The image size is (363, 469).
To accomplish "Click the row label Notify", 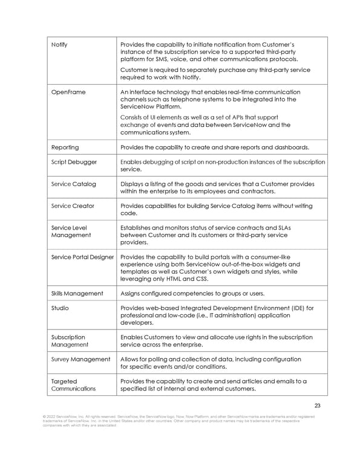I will point(59,44).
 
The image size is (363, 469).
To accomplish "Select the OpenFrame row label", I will point(68,92).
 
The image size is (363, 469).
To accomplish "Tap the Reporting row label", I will point(65,147).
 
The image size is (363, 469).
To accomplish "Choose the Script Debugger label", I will point(74,162).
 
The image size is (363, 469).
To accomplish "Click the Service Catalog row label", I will point(73,184).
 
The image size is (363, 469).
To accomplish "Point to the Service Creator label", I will point(73,206).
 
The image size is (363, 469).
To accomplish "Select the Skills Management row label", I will point(77,294).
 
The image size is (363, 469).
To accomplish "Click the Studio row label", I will point(60,308).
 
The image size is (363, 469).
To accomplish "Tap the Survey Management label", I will point(79,359).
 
